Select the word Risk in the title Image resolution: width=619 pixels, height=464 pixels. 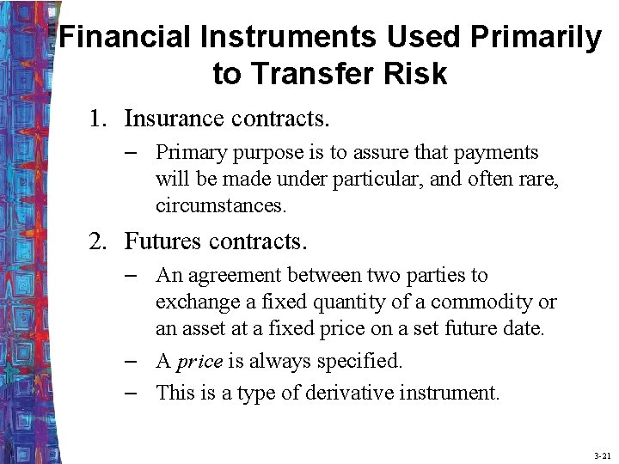[x=418, y=74]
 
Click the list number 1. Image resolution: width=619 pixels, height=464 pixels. [x=97, y=118]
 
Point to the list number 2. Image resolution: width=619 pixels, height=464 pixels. [x=97, y=241]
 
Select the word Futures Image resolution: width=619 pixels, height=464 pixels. [x=160, y=241]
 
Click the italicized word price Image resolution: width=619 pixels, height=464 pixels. [x=199, y=362]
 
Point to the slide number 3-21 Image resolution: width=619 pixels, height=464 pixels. [x=602, y=455]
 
